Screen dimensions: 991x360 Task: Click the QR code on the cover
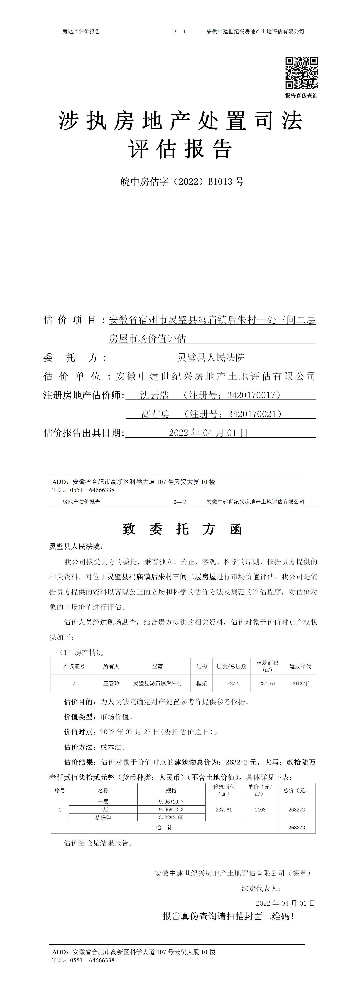click(301, 73)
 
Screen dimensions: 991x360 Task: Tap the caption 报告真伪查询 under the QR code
click(301, 96)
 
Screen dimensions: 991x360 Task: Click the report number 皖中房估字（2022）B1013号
click(182, 182)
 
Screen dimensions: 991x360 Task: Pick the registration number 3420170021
click(252, 414)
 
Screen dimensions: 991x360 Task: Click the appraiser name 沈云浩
click(154, 395)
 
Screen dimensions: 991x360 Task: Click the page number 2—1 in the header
click(180, 32)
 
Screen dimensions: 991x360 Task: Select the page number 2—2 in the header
click(180, 502)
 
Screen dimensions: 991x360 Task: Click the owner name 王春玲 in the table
click(111, 683)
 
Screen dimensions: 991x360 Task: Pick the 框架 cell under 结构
click(201, 683)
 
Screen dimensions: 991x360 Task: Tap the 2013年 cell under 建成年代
click(300, 683)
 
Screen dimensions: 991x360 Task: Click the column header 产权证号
click(74, 666)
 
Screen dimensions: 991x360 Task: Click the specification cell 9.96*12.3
click(171, 809)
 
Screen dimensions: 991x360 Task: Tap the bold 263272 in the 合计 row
click(296, 828)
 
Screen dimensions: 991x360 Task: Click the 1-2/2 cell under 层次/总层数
click(231, 683)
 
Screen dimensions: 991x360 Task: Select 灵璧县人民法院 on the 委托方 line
click(211, 357)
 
